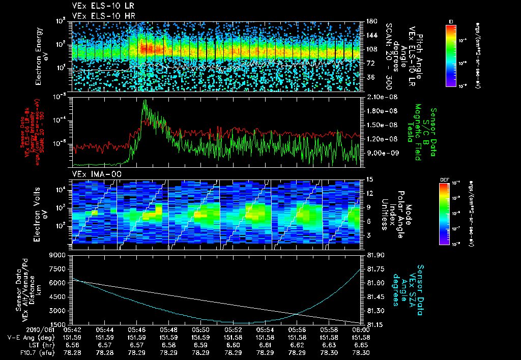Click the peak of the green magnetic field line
pyautogui.click(x=145, y=101)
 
